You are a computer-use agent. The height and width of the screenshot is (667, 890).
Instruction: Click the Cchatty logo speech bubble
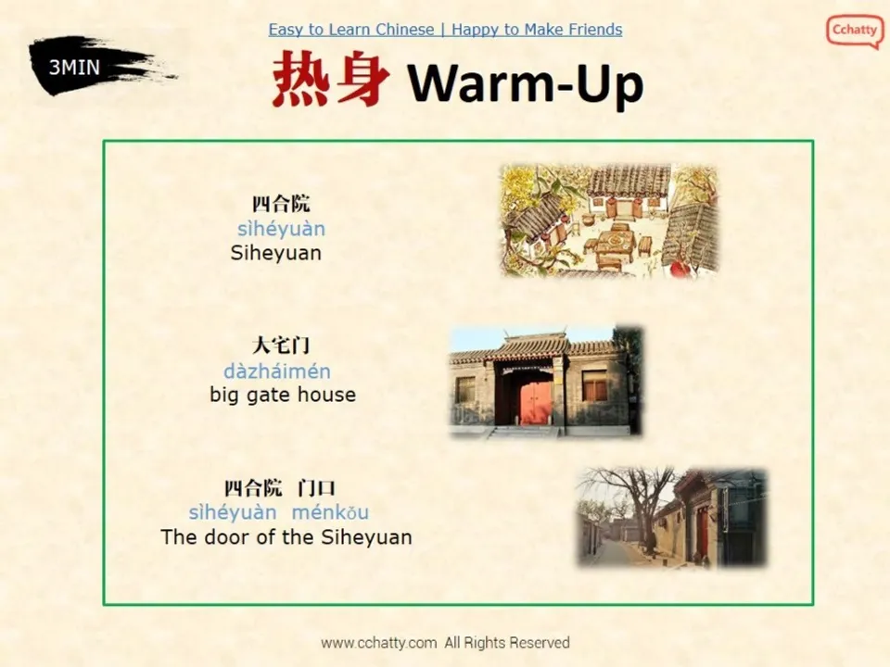click(854, 31)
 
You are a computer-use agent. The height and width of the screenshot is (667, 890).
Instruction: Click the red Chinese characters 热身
click(330, 81)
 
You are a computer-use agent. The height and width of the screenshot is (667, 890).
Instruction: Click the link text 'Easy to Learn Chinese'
click(350, 30)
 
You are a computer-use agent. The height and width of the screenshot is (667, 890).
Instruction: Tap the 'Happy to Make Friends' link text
click(537, 30)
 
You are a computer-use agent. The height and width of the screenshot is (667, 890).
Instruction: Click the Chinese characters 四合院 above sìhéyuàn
click(281, 205)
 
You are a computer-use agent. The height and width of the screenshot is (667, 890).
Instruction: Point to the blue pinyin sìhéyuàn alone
click(281, 229)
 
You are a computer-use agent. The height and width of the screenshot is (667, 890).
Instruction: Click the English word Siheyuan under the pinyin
click(275, 252)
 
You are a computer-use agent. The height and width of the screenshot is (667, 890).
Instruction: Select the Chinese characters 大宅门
click(281, 346)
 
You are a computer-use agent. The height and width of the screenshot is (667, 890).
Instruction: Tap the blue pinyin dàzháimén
click(276, 371)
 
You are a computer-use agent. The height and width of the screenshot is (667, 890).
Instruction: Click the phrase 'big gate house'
click(282, 395)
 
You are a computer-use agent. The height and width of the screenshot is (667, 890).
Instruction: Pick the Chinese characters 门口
click(316, 488)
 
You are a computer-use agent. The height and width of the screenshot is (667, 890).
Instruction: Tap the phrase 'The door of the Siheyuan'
click(286, 537)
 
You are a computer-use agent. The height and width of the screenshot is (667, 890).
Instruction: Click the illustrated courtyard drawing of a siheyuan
click(609, 220)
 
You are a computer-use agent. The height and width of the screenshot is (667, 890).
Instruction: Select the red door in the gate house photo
click(535, 401)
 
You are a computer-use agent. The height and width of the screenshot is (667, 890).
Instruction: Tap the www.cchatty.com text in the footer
click(378, 642)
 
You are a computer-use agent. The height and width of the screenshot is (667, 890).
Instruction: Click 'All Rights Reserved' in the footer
click(506, 642)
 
